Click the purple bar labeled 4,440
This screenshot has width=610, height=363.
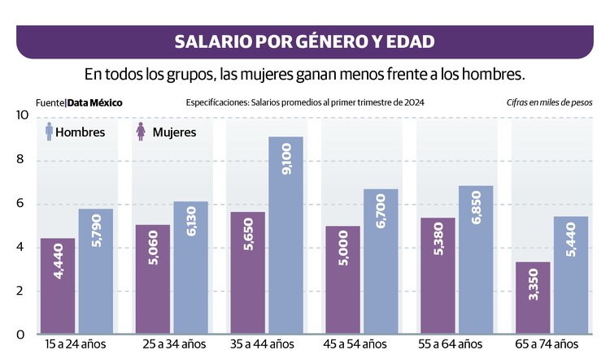click(x=58, y=286)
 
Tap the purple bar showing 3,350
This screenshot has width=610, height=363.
click(x=533, y=297)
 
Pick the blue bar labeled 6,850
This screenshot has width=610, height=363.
click(x=476, y=260)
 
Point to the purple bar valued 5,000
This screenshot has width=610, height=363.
click(x=342, y=280)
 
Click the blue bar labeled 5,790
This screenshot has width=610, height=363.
click(x=96, y=271)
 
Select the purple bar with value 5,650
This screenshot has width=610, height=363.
click(x=247, y=273)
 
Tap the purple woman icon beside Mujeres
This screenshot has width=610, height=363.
click(x=141, y=131)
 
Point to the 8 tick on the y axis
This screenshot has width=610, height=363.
click(x=23, y=160)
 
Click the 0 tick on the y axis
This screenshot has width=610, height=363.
click(x=23, y=335)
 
